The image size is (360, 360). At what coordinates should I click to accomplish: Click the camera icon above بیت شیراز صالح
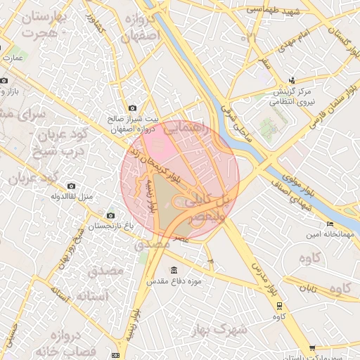point(133,107)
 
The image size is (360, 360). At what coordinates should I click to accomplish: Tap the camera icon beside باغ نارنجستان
point(110,215)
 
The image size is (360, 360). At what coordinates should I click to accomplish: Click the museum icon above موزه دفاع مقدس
point(174,271)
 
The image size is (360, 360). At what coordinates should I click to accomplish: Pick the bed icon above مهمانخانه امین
point(330,224)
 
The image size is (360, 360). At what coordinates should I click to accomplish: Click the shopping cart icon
point(312,348)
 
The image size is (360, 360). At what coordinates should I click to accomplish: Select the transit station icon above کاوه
point(280,305)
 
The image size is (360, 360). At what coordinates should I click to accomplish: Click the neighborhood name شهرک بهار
point(229,330)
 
